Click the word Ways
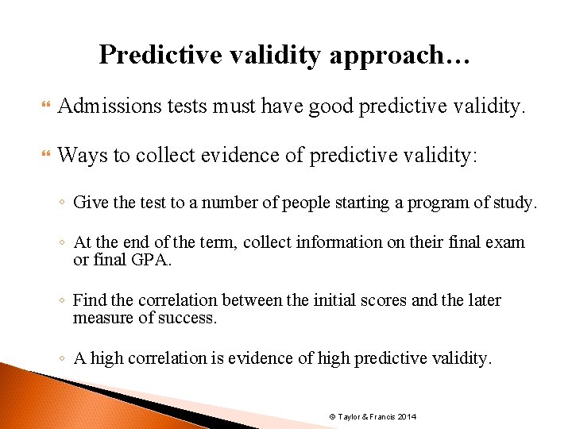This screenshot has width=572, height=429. pos(82,155)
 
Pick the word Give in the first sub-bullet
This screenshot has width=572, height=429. pos(89,203)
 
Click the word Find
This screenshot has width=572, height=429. pos(89,300)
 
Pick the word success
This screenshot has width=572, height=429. pos(189,318)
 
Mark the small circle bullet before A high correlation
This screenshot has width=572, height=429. pos(63,359)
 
